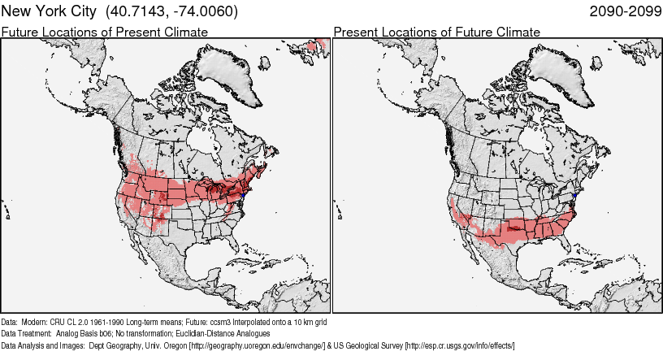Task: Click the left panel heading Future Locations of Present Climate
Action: (105, 32)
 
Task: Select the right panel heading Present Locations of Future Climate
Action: (436, 32)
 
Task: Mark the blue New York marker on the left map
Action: (244, 195)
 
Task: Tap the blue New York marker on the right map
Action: (575, 195)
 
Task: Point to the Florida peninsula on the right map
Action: (565, 244)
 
